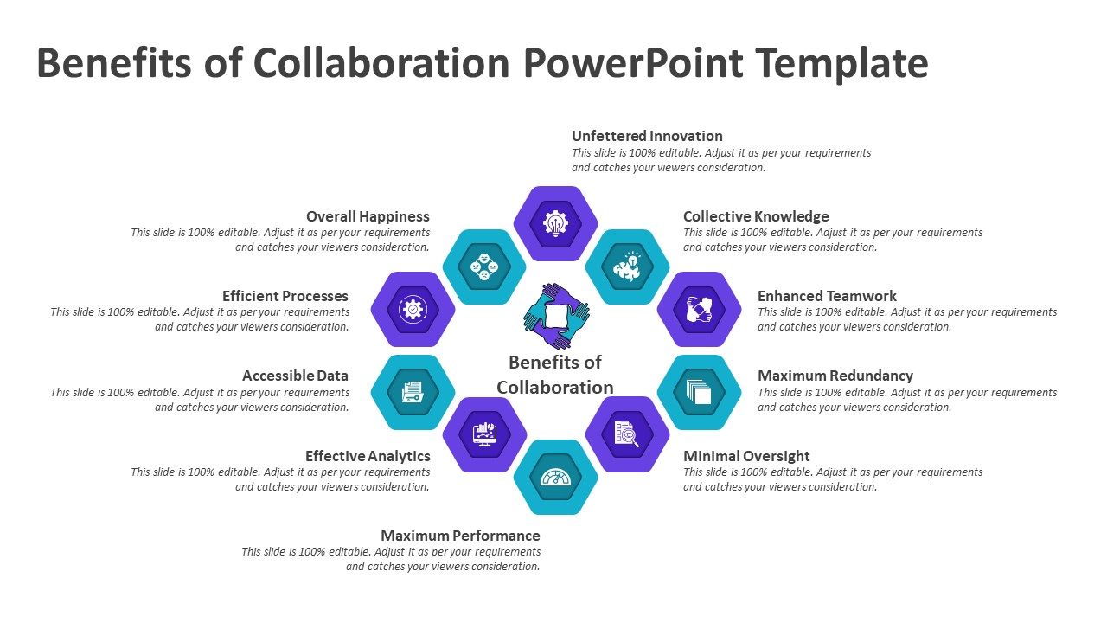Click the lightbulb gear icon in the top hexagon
(x=555, y=223)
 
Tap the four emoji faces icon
(x=484, y=267)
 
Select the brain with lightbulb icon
(x=627, y=267)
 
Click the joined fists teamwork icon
(x=699, y=310)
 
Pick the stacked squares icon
(x=699, y=392)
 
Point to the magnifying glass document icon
(x=627, y=434)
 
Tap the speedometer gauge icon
(x=555, y=477)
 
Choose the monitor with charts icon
(x=484, y=434)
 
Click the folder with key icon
(x=413, y=392)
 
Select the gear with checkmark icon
(x=413, y=310)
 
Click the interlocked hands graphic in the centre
(x=556, y=317)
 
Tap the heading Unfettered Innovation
(x=647, y=136)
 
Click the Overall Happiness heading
(x=368, y=216)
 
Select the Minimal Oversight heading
(x=746, y=455)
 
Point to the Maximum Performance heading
(x=460, y=536)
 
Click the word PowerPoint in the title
(x=633, y=63)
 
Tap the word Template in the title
(x=842, y=63)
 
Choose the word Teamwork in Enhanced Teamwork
(x=860, y=296)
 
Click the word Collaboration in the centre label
(x=555, y=387)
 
